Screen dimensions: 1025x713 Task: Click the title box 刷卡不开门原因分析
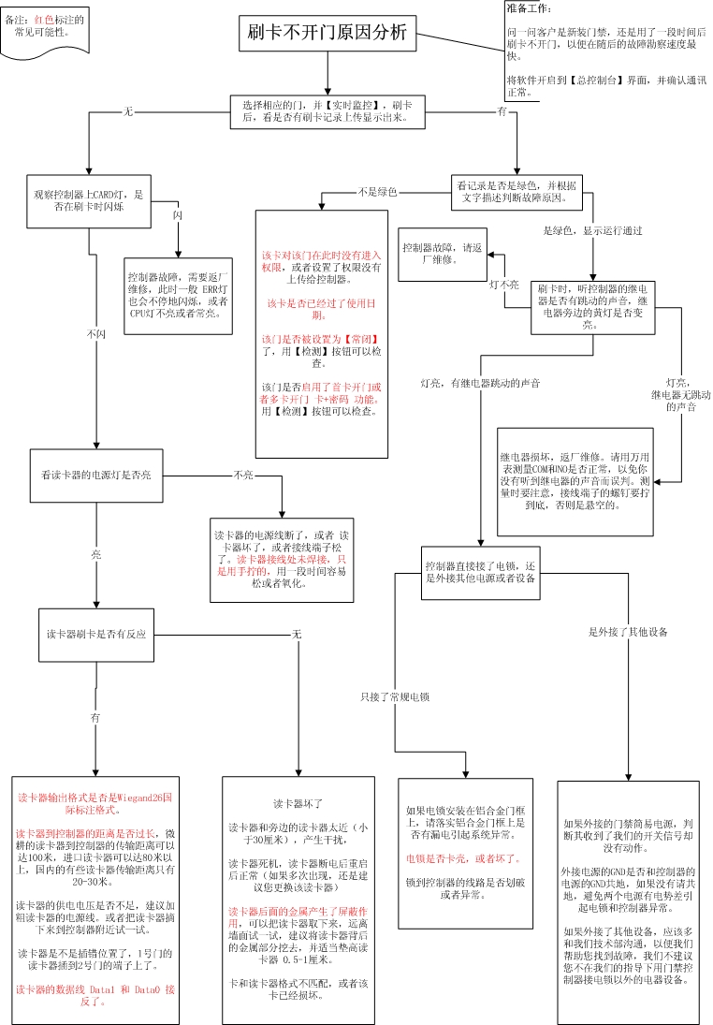(x=327, y=32)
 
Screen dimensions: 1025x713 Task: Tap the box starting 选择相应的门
(x=327, y=111)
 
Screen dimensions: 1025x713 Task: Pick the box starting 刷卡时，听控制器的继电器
(x=593, y=307)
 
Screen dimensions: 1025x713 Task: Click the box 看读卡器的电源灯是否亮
(x=95, y=475)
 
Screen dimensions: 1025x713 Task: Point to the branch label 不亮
(x=243, y=475)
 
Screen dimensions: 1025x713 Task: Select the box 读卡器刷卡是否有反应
(x=96, y=635)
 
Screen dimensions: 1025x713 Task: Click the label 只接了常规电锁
(x=394, y=697)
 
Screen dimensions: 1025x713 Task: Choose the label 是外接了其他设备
(x=628, y=633)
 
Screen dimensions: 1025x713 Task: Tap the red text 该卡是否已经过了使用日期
(x=321, y=309)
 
